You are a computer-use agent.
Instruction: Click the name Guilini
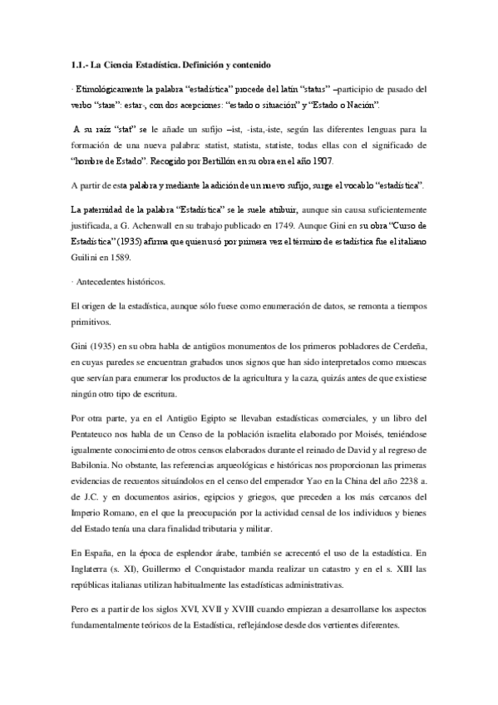[87, 258]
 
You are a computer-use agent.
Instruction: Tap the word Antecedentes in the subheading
[104, 282]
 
